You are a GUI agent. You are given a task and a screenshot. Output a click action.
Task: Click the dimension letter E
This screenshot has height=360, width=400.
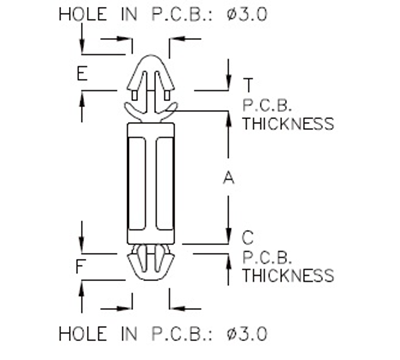pos(81,74)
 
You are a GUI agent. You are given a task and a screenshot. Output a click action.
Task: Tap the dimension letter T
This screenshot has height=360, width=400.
pos(247,82)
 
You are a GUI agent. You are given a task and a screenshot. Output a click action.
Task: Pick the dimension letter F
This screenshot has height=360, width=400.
pos(81,268)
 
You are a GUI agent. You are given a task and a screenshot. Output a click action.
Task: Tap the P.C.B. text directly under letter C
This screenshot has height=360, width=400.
pos(264,255)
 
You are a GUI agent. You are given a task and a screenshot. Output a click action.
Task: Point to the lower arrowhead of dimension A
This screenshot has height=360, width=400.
pos(228,240)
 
